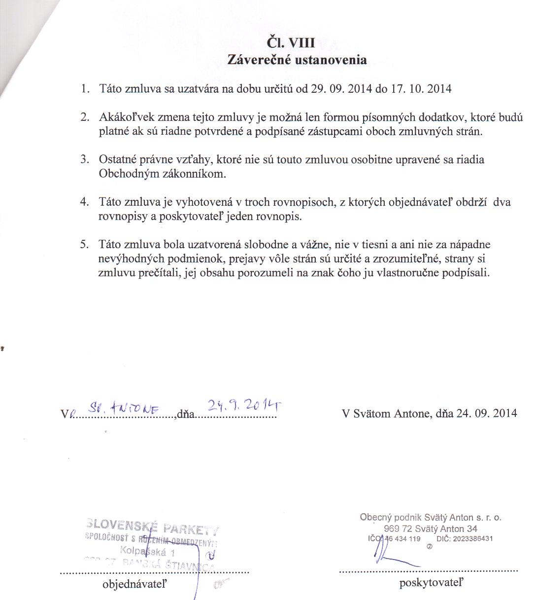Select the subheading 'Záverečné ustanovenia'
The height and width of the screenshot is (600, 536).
coord(297,60)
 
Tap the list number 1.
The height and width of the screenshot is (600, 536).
coord(85,89)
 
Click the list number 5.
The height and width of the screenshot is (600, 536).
coord(85,244)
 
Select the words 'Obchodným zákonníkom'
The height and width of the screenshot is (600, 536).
coord(163,174)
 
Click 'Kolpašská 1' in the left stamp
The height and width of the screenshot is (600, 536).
coord(147,552)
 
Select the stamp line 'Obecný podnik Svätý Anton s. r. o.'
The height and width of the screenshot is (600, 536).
coord(431,518)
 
